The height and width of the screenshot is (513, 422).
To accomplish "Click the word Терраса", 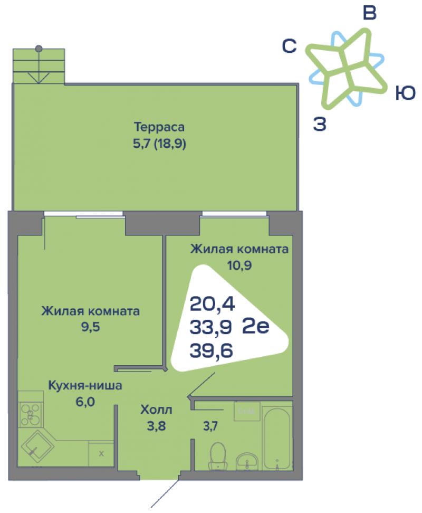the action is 159,127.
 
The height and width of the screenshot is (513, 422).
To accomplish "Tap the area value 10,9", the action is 239,265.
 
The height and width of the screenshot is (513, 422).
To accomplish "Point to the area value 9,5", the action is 91,327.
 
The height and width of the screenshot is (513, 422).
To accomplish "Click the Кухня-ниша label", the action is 85,385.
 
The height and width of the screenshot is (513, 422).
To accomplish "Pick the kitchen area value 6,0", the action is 85,402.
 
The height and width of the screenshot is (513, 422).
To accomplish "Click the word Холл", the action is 156,410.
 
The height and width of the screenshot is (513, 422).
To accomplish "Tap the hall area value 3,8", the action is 156,426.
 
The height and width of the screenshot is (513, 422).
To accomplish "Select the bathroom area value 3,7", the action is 210,426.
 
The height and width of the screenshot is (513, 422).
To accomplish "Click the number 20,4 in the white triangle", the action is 212,305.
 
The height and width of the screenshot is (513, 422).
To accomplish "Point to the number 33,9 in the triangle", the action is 211,327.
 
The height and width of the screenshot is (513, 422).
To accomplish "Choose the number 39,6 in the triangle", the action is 211,350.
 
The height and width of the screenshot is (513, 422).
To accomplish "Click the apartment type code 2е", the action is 256,326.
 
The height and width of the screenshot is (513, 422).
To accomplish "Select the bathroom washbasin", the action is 247,462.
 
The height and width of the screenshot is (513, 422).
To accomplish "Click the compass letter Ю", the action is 405,93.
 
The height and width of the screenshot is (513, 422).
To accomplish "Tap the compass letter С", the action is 289,46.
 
